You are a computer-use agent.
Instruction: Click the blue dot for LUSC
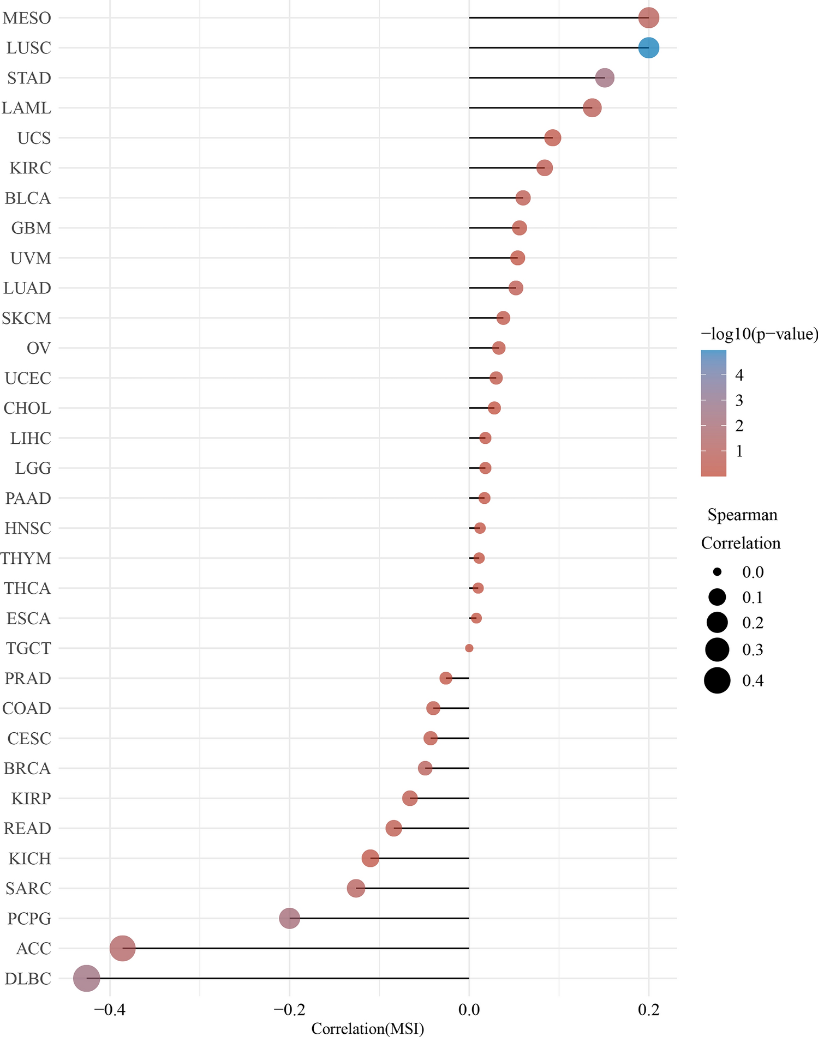(648, 48)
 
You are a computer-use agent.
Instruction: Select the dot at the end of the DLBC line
(87, 979)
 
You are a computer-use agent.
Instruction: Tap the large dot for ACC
(123, 949)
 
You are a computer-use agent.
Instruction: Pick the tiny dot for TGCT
(469, 648)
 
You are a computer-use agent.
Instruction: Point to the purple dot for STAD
(604, 78)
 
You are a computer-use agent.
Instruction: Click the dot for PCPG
(289, 918)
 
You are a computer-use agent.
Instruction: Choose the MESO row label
(27, 18)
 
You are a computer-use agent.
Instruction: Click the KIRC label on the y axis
(31, 168)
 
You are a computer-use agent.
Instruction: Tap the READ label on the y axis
(27, 829)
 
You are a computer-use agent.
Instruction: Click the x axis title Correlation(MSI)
(367, 1029)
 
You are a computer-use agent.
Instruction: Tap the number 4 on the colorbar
(739, 375)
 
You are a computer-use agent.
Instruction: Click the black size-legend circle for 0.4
(717, 680)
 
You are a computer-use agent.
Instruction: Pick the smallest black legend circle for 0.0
(717, 572)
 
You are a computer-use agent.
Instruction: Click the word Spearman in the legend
(742, 515)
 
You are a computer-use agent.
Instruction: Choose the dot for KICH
(370, 859)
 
